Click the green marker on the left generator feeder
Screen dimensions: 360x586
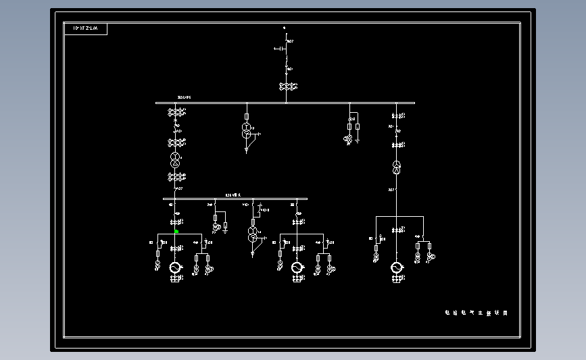pos(176,231)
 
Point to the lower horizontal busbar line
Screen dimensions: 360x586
pos(203,199)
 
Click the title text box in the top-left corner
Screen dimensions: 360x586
pos(85,28)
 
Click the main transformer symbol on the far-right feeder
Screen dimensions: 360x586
pos(397,167)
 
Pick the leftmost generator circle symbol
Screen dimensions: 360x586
pos(174,268)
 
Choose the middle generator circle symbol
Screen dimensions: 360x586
pos(296,268)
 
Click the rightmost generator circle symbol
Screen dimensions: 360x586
pos(396,268)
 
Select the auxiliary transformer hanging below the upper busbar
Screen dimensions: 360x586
pos(247,130)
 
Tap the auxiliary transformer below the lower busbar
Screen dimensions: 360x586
pos(253,235)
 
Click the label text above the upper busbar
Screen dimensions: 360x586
pos(184,97)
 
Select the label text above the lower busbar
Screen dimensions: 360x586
pos(233,195)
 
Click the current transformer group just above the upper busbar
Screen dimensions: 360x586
pos(289,86)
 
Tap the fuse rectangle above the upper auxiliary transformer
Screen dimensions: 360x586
pos(247,116)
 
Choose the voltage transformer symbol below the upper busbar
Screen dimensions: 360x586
pos(349,139)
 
